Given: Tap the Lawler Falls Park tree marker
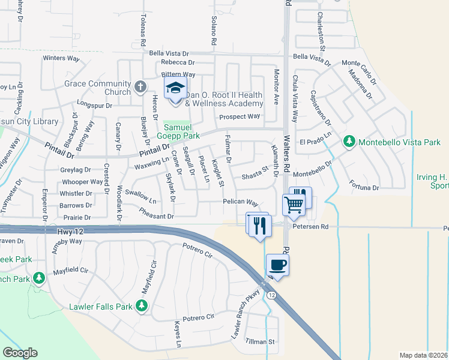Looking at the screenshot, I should click(142, 307).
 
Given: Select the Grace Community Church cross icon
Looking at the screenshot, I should click(140, 87).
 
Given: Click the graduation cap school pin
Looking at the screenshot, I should click(175, 89).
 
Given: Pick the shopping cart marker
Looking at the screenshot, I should click(294, 204).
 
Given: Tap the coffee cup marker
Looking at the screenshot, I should click(277, 265).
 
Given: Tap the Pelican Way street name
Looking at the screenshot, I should click(241, 203).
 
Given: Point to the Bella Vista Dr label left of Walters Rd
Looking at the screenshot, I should click(169, 53).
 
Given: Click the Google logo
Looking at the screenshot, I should click(20, 352).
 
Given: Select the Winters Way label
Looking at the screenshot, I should click(61, 58).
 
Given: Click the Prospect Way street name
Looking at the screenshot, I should click(240, 116).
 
